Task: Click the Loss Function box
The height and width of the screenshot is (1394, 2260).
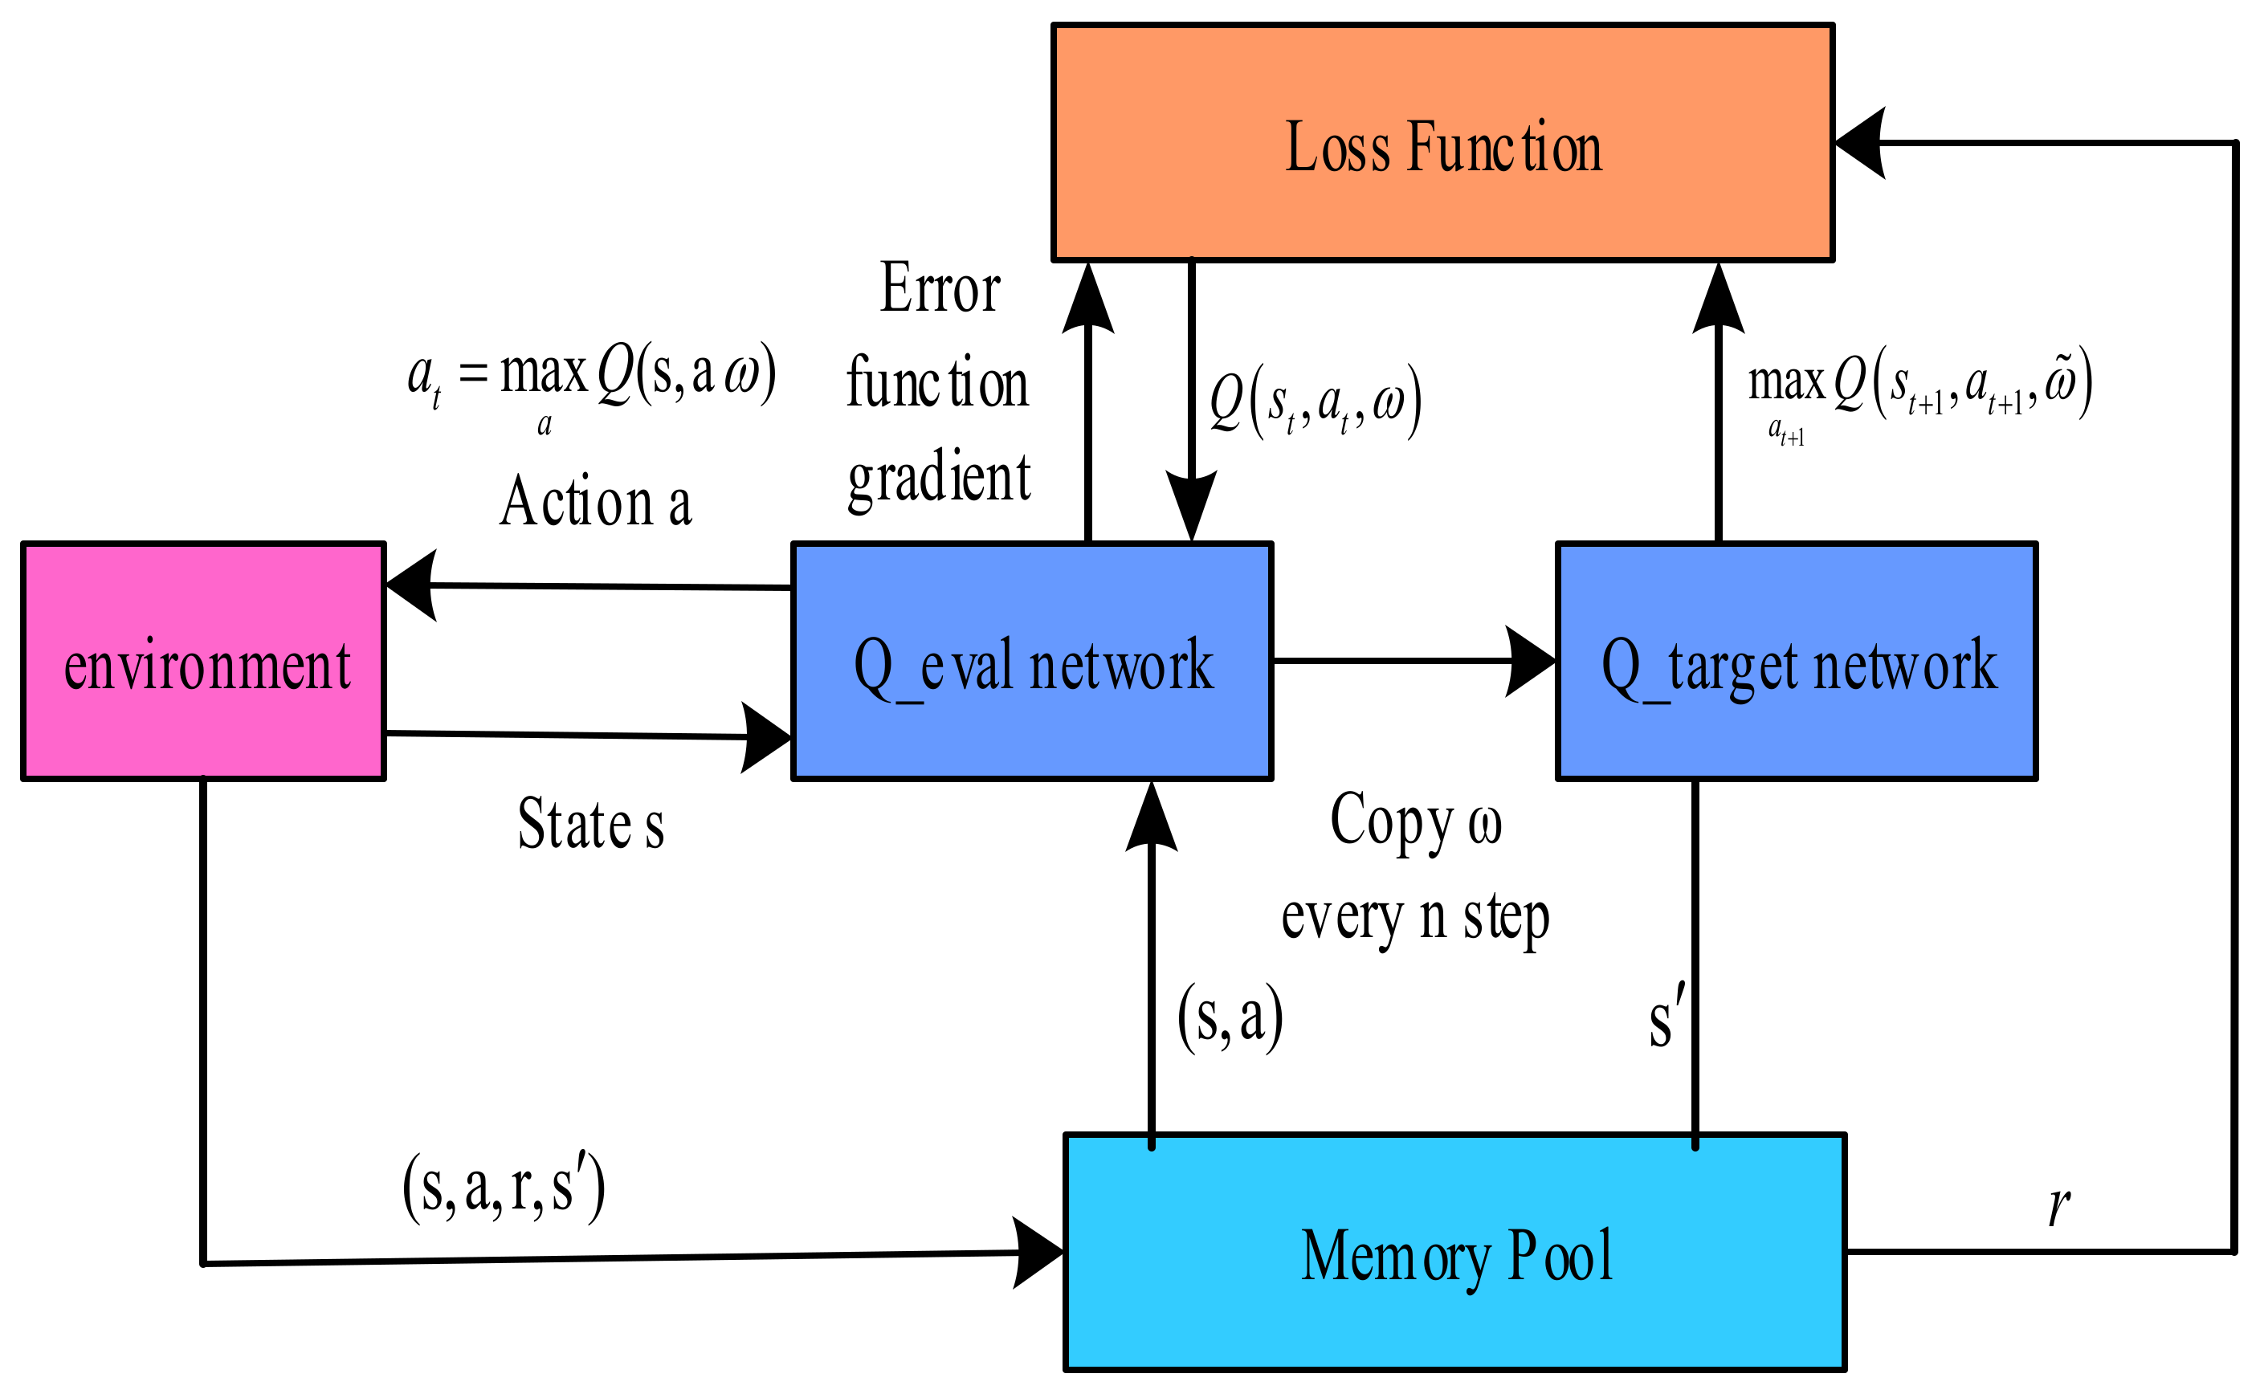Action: coord(1442,144)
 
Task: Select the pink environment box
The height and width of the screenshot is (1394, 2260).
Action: coord(204,662)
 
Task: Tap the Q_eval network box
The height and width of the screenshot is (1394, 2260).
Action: coord(1032,662)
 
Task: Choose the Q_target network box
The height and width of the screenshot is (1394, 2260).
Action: coord(1797,662)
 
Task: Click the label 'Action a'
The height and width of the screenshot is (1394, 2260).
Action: coord(596,503)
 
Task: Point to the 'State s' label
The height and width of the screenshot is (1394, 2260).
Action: coord(591,823)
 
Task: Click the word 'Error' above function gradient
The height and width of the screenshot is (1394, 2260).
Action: coord(940,288)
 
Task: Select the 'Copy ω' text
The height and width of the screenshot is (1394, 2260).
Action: coord(1415,821)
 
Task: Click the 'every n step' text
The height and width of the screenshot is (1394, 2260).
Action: coord(1415,917)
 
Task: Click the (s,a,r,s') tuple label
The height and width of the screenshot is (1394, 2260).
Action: coord(504,1188)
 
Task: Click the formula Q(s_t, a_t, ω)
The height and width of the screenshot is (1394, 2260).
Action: coord(1315,403)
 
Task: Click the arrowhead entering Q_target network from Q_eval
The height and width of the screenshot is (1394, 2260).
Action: coord(1531,661)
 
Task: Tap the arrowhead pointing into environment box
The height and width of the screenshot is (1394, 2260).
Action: coord(410,585)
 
